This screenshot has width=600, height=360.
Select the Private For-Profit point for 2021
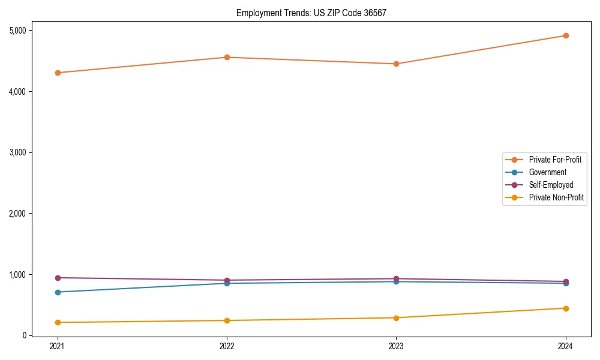[x=58, y=73]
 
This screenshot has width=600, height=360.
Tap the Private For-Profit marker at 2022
[x=227, y=58]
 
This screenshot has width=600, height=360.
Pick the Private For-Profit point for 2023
[x=396, y=64]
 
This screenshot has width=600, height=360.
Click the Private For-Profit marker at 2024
[x=565, y=35]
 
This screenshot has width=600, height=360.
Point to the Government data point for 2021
[x=58, y=292]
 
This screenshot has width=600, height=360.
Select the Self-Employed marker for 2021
[x=58, y=278]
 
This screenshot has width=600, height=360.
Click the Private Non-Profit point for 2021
[x=58, y=322]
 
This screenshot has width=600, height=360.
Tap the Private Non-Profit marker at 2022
[x=227, y=320]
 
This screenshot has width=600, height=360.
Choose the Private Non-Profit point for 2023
[x=396, y=317]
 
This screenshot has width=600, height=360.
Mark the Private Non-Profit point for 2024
[x=565, y=308]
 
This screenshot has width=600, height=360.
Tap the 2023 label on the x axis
[x=396, y=346]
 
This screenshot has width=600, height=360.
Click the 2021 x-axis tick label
[x=58, y=346]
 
